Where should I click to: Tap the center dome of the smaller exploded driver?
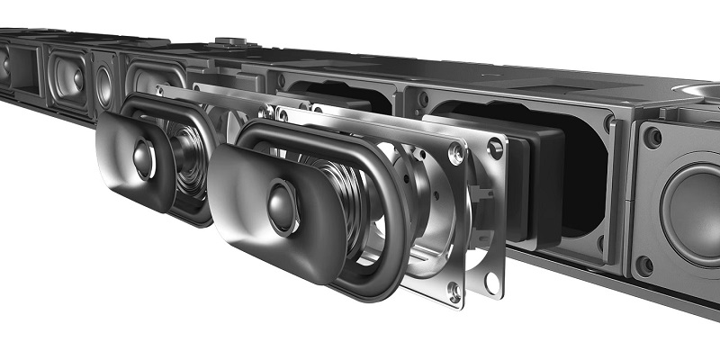click(143, 159)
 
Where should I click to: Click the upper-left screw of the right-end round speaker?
click(652, 138)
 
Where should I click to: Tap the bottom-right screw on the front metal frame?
click(454, 290)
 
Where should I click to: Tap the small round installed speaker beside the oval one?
click(104, 85)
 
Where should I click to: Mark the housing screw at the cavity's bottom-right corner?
click(600, 242)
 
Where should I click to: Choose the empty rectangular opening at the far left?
click(25, 68)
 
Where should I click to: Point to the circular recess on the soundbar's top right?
click(697, 92)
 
